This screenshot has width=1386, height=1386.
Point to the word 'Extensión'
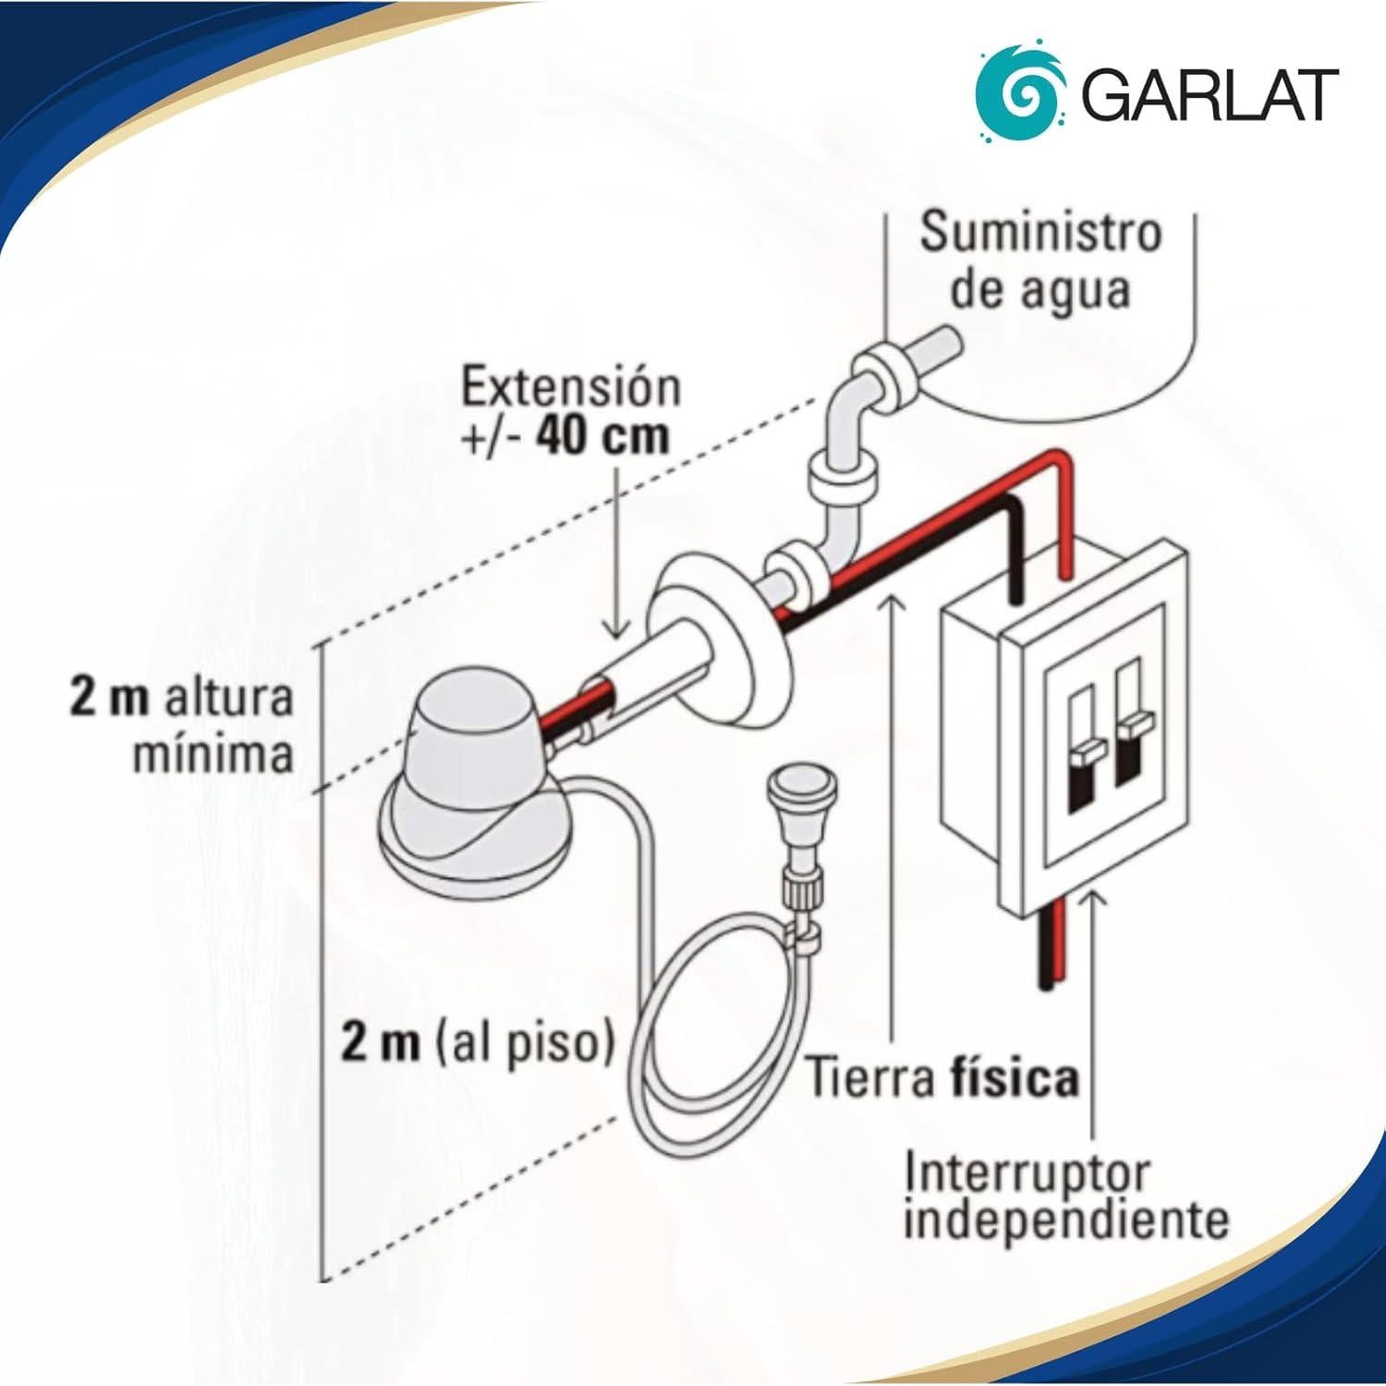(570, 388)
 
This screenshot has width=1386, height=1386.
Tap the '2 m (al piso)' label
(478, 1045)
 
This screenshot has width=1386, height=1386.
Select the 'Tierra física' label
(942, 1077)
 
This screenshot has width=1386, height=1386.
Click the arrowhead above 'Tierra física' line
(890, 602)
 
